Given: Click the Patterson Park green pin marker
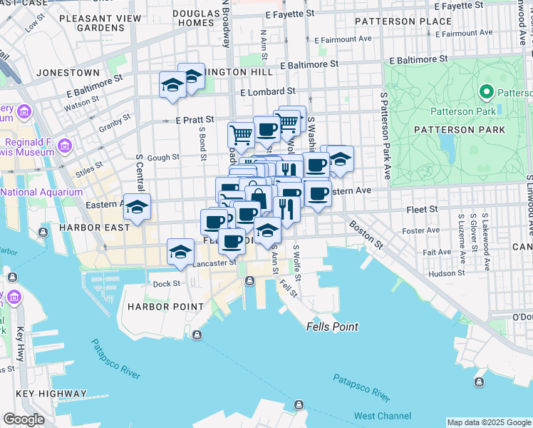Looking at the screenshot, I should click(x=487, y=92).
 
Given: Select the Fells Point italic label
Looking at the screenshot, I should click(x=332, y=327).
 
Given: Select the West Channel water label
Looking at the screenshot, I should click(x=382, y=416).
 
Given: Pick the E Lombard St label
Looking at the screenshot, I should click(x=268, y=92).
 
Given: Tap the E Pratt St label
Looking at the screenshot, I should click(x=195, y=120).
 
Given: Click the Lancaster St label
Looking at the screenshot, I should click(x=214, y=263).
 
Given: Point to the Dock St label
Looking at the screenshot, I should click(x=167, y=284).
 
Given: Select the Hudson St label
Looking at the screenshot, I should click(x=447, y=272).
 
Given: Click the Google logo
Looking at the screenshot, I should click(x=24, y=419).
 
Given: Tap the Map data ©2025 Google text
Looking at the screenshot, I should click(x=488, y=422).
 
